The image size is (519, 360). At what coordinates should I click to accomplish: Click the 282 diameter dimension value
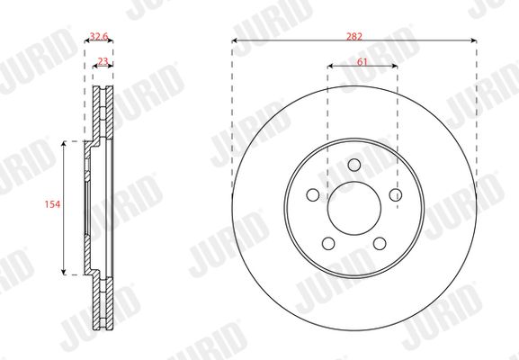354,36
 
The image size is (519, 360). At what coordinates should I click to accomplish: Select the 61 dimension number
362,61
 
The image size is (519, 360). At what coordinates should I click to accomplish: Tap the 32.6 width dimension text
99,36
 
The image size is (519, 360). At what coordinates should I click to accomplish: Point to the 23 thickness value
103,61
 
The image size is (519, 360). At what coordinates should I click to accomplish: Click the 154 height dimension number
53,204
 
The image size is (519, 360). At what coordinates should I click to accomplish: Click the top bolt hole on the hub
354,165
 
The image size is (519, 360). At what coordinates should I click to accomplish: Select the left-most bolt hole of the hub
313,194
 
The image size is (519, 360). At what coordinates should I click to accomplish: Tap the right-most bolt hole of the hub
396,194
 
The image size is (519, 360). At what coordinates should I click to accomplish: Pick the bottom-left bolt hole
328,243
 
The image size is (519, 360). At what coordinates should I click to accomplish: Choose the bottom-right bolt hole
380,243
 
